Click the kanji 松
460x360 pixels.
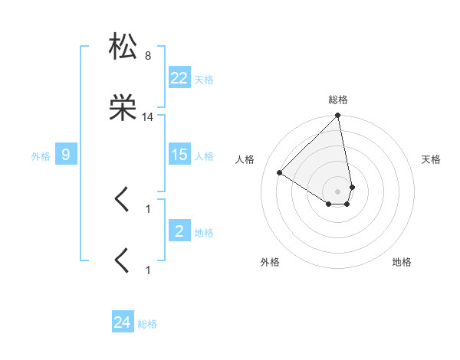click(123, 47)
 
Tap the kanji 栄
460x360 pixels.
click(123, 109)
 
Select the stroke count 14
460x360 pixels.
click(147, 117)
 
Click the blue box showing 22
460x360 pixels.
click(179, 77)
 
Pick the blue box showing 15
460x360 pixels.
click(179, 155)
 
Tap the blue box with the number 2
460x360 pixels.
click(179, 231)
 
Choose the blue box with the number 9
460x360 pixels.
click(66, 155)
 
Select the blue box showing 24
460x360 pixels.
click(123, 322)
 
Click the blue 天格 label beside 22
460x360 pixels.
click(204, 79)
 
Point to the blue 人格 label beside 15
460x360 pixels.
click(204, 155)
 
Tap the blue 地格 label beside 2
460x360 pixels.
click(204, 232)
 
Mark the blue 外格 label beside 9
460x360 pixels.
click(41, 155)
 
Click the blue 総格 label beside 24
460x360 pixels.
click(147, 324)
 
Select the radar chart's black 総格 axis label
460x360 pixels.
click(338, 100)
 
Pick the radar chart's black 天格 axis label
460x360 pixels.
click(431, 159)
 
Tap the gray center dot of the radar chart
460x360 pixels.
click(338, 191)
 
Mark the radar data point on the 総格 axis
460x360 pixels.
click(338, 116)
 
